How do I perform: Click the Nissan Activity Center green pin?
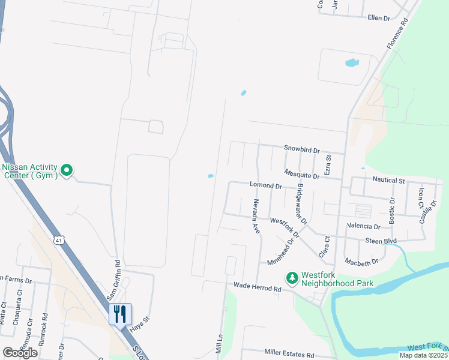(x=67, y=172)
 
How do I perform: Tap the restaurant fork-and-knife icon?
(x=119, y=313)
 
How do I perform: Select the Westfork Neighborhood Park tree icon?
(x=292, y=277)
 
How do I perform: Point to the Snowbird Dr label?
(x=302, y=149)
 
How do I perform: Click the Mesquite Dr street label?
(x=302, y=175)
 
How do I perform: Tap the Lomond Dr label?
(x=266, y=187)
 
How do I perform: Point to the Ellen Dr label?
(x=379, y=17)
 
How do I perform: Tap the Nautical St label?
(x=388, y=180)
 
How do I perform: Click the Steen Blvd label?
(x=382, y=241)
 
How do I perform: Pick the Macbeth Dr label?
(x=362, y=262)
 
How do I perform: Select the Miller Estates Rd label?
(x=289, y=355)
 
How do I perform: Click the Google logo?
(x=20, y=353)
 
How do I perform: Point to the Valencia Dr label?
(x=364, y=227)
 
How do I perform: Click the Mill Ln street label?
(x=219, y=344)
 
